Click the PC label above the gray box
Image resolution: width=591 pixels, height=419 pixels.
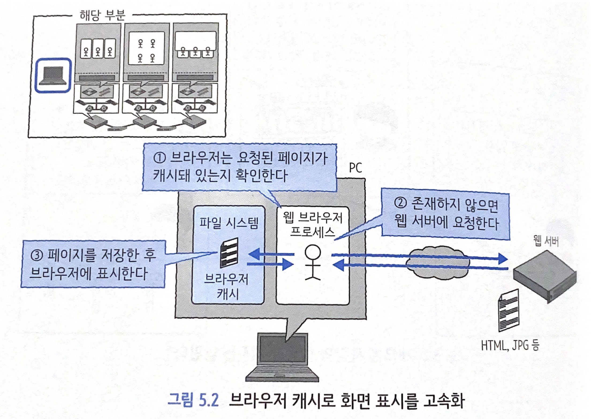coord(355,168)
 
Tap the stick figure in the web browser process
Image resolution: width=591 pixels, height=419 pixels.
coord(312,262)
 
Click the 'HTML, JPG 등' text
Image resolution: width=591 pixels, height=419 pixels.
coord(510,345)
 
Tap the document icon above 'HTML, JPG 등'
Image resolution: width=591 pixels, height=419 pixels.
coord(508,310)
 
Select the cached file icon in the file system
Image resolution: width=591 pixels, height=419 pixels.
coord(229,253)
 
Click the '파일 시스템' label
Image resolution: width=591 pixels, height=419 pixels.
coord(229,223)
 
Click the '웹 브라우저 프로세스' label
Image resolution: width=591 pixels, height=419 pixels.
coord(313,224)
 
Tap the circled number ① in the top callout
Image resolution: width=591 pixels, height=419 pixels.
coord(160,158)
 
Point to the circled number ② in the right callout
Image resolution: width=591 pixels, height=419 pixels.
coord(400,203)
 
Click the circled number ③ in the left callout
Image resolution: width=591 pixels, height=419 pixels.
coord(37,255)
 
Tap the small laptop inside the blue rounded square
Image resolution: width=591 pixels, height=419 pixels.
coord(53,76)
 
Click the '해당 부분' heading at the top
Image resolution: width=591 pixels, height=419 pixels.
coord(102,16)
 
